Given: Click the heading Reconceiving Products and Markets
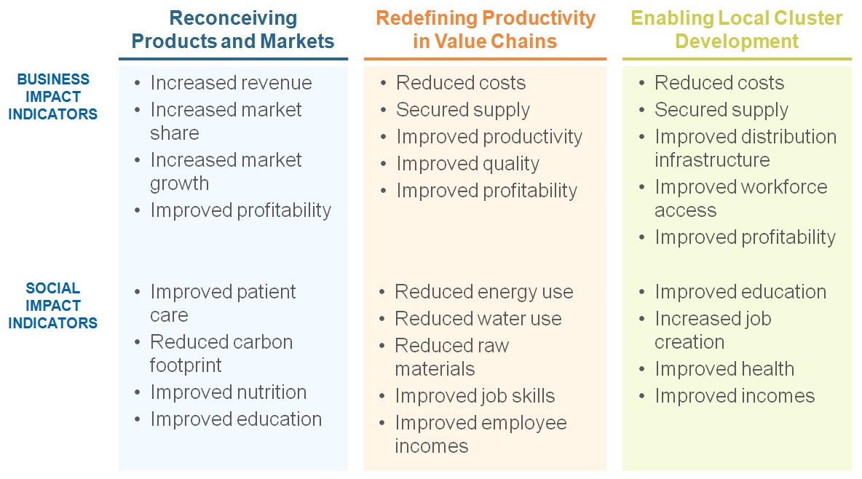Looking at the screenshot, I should click(x=233, y=29).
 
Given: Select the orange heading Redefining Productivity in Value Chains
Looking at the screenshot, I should click(x=485, y=29).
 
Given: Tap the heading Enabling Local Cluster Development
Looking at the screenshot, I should click(x=737, y=29).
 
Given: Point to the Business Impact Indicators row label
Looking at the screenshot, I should click(x=53, y=97).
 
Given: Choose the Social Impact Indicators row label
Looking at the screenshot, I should click(x=53, y=306).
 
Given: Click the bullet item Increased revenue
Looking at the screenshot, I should click(x=231, y=83).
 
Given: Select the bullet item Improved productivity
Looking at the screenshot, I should click(x=489, y=137).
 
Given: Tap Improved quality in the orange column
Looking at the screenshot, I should click(x=467, y=164).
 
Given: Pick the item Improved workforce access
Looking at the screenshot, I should click(x=740, y=198).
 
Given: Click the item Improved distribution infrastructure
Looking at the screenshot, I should click(x=745, y=148).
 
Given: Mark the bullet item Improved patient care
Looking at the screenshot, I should click(x=223, y=303).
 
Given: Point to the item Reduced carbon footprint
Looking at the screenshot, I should click(x=221, y=353).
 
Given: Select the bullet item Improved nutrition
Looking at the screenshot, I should click(x=228, y=392).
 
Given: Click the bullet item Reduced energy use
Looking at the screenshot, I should click(x=483, y=292).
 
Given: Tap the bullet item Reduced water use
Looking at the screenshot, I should click(x=478, y=319).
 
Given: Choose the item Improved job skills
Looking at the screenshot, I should click(x=475, y=396).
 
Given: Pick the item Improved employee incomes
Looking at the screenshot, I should click(x=481, y=434).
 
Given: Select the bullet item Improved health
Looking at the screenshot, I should click(x=724, y=369).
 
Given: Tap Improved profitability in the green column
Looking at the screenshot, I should click(x=745, y=237).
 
